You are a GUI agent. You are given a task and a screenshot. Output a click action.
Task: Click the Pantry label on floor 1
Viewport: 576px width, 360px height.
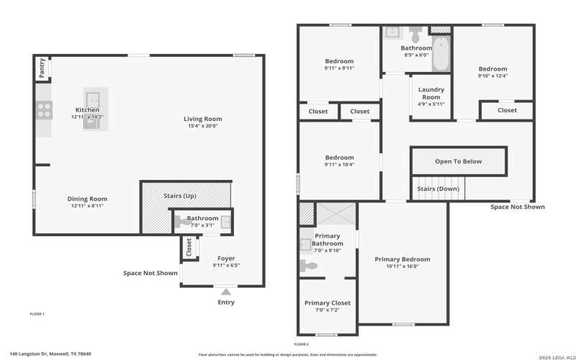click(x=42, y=68)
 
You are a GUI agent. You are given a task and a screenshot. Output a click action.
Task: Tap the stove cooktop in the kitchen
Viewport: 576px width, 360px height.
click(x=44, y=110)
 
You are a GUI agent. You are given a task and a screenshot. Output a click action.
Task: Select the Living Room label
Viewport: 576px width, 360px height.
click(x=202, y=119)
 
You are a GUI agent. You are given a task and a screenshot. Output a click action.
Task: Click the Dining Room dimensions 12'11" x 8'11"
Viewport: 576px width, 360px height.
click(x=87, y=207)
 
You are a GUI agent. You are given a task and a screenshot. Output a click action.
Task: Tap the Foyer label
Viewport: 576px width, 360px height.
click(x=225, y=258)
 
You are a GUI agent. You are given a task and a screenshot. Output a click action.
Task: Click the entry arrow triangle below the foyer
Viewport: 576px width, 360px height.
click(x=226, y=292)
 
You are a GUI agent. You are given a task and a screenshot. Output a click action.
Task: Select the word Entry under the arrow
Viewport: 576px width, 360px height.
click(x=226, y=302)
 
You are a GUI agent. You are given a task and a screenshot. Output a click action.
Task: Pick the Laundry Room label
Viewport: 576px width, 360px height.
click(x=431, y=93)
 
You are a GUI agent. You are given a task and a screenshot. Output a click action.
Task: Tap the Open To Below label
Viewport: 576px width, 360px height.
click(x=458, y=161)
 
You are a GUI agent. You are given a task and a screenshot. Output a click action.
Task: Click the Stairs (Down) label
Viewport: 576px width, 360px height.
click(x=438, y=189)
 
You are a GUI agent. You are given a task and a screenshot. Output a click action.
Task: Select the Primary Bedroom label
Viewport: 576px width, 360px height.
click(x=402, y=259)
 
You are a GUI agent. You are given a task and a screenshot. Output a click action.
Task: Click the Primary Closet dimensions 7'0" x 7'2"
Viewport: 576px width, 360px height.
click(x=327, y=310)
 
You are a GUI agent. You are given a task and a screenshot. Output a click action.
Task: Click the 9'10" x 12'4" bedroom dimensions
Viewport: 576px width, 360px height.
click(x=492, y=76)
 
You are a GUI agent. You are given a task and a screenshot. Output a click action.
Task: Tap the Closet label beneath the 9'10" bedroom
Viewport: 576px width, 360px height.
click(x=507, y=110)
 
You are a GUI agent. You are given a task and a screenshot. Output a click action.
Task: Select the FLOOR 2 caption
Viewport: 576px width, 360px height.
click(x=302, y=344)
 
